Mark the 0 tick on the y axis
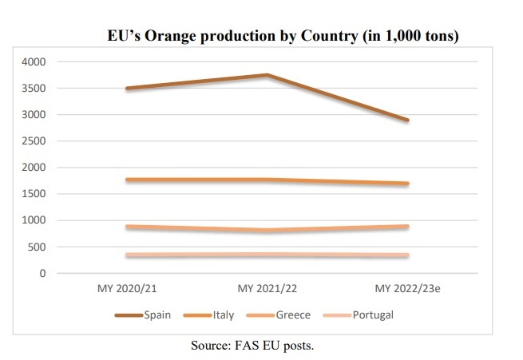(43, 274)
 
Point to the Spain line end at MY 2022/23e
(406, 121)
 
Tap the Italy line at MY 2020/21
(128, 180)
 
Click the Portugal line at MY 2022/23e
(406, 255)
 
